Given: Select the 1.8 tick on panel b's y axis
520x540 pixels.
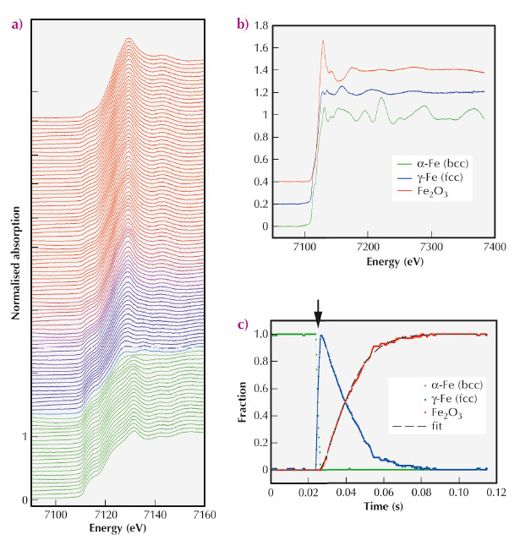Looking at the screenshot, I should coord(260,27).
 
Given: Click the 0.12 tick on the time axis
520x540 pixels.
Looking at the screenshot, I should coord(496,489).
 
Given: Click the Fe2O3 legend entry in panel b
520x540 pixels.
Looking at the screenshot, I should coord(420,193).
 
